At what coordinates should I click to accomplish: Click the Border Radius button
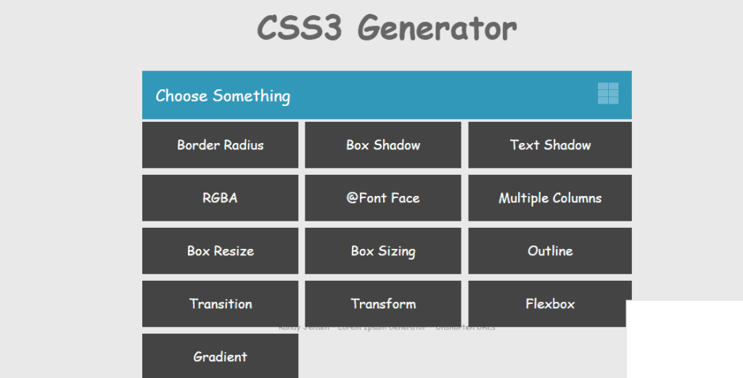pos(220,145)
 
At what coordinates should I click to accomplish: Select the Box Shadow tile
pos(383,145)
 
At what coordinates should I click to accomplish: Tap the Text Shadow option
pos(550,145)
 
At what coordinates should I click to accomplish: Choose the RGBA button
pos(220,198)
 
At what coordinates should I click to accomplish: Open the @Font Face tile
pos(383,198)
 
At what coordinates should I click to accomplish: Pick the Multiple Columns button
pos(550,198)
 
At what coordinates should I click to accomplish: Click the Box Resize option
pos(220,251)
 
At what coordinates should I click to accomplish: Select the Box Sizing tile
pos(383,251)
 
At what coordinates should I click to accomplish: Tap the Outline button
pos(550,251)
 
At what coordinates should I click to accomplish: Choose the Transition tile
pos(220,304)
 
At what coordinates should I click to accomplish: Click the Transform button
pos(383,304)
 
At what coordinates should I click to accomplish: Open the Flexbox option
pos(550,304)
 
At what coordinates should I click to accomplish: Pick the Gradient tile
pos(220,357)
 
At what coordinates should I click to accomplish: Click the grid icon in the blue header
pos(608,94)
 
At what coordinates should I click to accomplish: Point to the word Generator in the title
pos(437,29)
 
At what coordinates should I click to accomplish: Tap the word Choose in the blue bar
pos(181,96)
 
